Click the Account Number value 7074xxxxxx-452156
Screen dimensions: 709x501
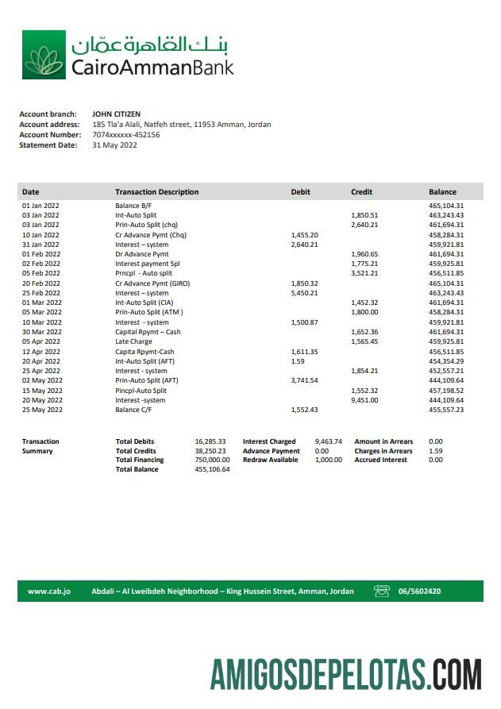pyautogui.click(x=126, y=135)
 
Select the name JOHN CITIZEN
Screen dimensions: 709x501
pyautogui.click(x=117, y=114)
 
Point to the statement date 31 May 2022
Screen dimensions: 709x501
pyautogui.click(x=115, y=145)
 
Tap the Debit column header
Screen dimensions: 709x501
pyautogui.click(x=301, y=192)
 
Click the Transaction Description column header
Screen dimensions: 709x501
pyautogui.click(x=156, y=192)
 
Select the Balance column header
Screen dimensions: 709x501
pyautogui.click(x=442, y=192)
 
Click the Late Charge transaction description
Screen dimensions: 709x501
pyautogui.click(x=134, y=342)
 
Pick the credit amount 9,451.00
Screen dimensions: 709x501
pyautogui.click(x=364, y=400)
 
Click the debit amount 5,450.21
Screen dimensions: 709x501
pyautogui.click(x=304, y=293)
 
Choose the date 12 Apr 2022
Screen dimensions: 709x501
pyautogui.click(x=41, y=352)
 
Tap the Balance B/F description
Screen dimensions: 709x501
pyautogui.click(x=133, y=206)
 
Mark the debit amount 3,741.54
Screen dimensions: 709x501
pyautogui.click(x=304, y=380)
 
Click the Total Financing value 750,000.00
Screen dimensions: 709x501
pyautogui.click(x=212, y=460)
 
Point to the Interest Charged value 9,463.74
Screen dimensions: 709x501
pyautogui.click(x=328, y=441)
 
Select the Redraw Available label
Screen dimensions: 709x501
pyautogui.click(x=270, y=460)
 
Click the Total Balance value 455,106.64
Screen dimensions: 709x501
pyautogui.click(x=212, y=469)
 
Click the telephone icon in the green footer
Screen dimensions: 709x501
pyautogui.click(x=382, y=591)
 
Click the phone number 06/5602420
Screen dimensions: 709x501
pyautogui.click(x=419, y=591)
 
